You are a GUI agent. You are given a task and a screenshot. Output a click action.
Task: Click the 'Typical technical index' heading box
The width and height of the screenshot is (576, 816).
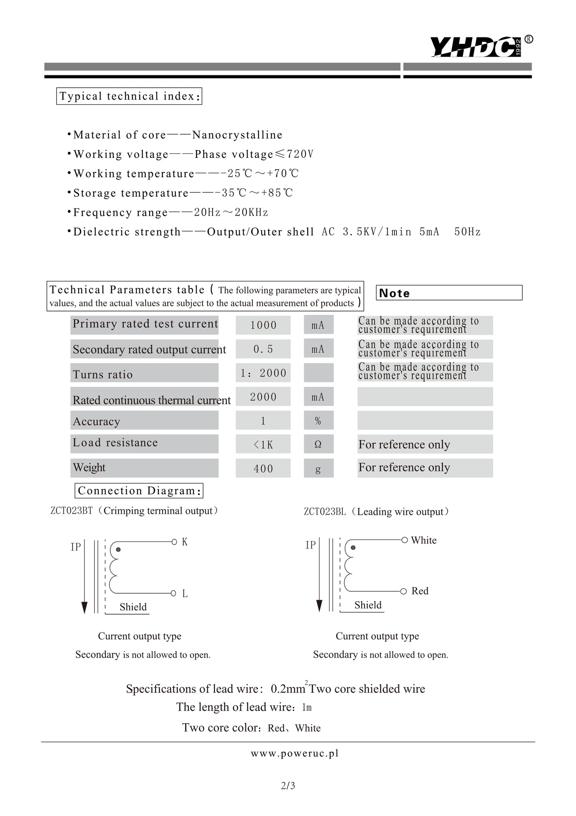point(129,96)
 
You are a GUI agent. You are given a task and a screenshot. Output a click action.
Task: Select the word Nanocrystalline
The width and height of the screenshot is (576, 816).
point(237,135)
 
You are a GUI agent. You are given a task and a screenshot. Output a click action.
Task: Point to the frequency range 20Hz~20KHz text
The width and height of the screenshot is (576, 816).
point(231,212)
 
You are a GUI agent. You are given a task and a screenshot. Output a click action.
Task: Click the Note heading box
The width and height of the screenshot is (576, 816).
point(449,293)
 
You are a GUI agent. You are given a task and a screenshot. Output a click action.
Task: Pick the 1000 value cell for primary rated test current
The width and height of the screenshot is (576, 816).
point(263,325)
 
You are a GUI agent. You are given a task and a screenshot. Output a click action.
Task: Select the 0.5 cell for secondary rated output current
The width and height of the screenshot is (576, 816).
point(263,349)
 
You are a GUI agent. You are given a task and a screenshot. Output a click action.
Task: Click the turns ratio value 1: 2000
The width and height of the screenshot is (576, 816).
point(263,373)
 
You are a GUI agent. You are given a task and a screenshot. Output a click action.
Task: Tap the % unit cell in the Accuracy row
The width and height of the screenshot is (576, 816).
point(318,421)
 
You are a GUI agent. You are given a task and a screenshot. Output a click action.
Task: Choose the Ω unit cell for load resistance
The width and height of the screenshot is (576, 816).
point(318,444)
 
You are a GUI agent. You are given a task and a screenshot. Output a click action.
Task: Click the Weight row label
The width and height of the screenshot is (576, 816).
point(89,467)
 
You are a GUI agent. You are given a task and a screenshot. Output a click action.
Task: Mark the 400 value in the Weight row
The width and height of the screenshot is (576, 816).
point(263,469)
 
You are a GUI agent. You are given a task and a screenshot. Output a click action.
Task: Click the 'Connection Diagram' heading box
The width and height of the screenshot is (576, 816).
point(139,490)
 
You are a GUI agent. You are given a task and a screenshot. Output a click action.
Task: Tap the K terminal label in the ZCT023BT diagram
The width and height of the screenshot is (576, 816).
point(185,542)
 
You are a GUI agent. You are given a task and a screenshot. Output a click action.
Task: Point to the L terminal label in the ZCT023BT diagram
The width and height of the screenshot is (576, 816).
point(185,594)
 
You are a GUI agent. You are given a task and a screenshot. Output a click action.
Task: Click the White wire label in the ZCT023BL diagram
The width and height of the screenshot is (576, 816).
point(424,540)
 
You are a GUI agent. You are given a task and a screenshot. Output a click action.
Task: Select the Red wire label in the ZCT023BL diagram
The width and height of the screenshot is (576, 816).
point(420,591)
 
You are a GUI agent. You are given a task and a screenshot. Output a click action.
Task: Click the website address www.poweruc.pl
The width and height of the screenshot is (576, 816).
point(295,753)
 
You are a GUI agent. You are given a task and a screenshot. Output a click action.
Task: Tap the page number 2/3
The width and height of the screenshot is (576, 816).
point(288,786)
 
